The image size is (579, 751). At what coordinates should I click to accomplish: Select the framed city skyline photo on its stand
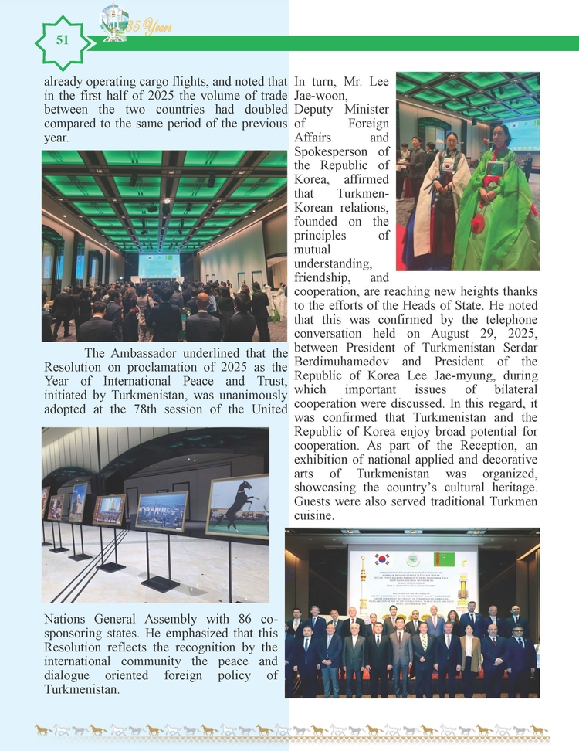pyautogui.click(x=161, y=511)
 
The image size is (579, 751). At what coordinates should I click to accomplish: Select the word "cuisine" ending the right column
pyautogui.click(x=314, y=515)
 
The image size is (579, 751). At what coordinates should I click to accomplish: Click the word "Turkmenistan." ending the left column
pyautogui.click(x=82, y=689)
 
